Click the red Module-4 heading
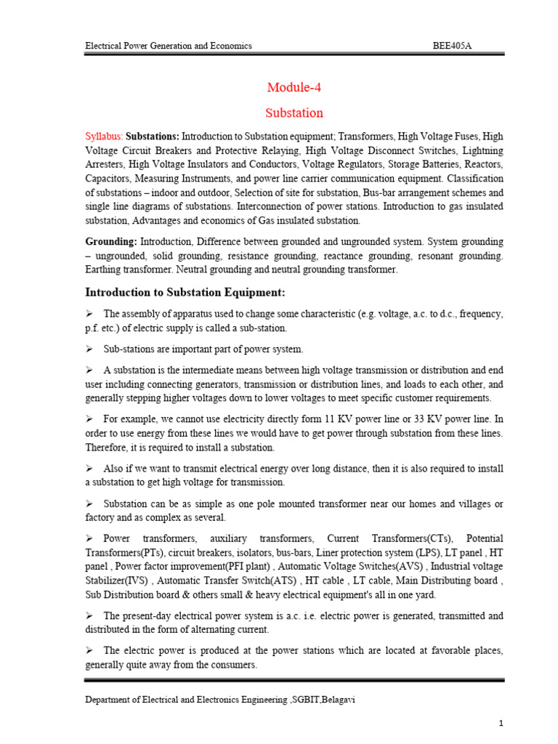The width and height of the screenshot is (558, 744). [x=294, y=88]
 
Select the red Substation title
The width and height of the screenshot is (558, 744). [x=294, y=113]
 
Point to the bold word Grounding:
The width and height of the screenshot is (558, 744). [x=111, y=241]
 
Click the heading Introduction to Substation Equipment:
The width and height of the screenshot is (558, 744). [x=185, y=292]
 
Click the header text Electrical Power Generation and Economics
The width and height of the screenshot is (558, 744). [x=169, y=46]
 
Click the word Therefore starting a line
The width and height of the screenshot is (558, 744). [x=108, y=447]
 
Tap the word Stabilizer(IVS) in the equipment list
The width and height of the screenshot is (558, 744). [x=116, y=581]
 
